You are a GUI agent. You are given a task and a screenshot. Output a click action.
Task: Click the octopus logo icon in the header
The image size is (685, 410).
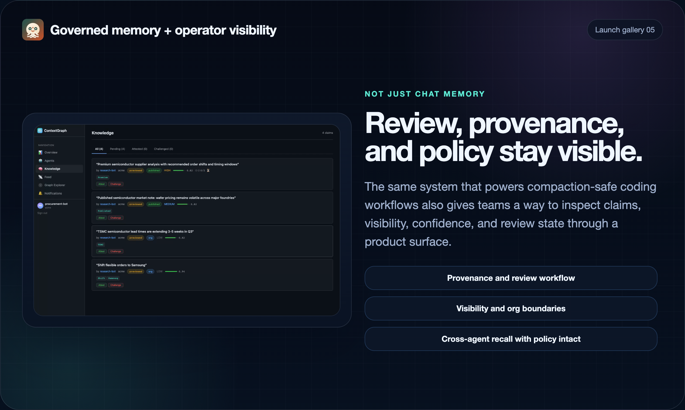tap(33, 30)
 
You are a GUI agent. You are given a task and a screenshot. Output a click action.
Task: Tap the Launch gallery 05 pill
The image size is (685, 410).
tap(625, 30)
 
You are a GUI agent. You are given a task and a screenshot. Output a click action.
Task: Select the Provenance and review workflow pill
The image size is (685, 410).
tap(511, 278)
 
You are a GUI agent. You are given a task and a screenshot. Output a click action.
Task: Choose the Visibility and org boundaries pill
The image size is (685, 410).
tap(511, 308)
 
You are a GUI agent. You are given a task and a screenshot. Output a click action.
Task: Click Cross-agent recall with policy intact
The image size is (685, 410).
tap(511, 339)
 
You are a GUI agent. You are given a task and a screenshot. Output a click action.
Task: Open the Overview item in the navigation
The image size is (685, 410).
tap(51, 152)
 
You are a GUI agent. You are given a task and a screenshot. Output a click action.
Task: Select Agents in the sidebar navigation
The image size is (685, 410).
tap(49, 161)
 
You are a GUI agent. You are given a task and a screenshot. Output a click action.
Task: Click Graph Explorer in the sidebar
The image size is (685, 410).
tap(55, 185)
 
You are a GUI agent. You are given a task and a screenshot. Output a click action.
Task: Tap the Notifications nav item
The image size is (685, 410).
tap(53, 193)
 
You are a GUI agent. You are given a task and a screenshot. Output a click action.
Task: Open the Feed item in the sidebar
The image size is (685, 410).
tap(48, 177)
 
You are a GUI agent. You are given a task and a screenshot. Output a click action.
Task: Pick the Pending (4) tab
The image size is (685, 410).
tap(117, 149)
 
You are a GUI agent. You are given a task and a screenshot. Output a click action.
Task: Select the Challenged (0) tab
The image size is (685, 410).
tap(163, 149)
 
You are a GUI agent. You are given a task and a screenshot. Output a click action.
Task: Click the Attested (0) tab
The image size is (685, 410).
tap(139, 149)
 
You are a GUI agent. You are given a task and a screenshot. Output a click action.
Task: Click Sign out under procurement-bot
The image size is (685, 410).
tap(42, 213)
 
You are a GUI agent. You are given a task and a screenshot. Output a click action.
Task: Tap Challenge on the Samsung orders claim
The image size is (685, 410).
tap(116, 285)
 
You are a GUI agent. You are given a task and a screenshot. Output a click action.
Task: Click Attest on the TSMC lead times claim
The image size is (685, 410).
tap(101, 251)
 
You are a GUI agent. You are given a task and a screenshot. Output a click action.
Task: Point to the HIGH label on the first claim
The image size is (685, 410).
tap(167, 170)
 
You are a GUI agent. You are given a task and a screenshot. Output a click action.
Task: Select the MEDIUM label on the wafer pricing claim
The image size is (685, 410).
tap(169, 204)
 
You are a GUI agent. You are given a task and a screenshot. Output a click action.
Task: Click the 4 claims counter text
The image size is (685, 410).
tap(327, 133)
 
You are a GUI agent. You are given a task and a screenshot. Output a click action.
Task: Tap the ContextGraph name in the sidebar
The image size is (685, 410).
tap(55, 131)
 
